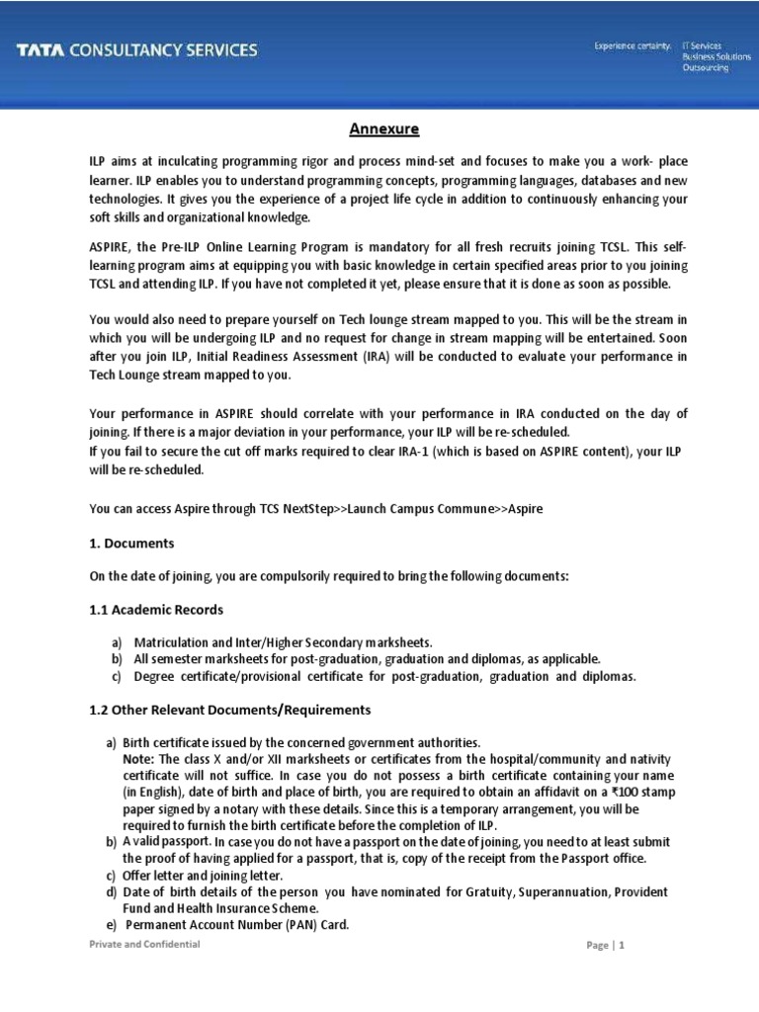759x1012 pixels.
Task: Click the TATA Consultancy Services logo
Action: (136, 50)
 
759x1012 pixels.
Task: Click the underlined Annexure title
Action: (384, 129)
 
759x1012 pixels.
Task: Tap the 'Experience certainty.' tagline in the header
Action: (632, 45)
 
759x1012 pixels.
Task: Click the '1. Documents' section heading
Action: (131, 544)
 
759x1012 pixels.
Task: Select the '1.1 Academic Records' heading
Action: (156, 609)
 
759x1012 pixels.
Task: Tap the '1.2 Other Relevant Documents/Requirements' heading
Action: (230, 710)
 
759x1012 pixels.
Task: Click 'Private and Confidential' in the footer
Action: (144, 944)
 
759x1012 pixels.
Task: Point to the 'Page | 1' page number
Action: (606, 945)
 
